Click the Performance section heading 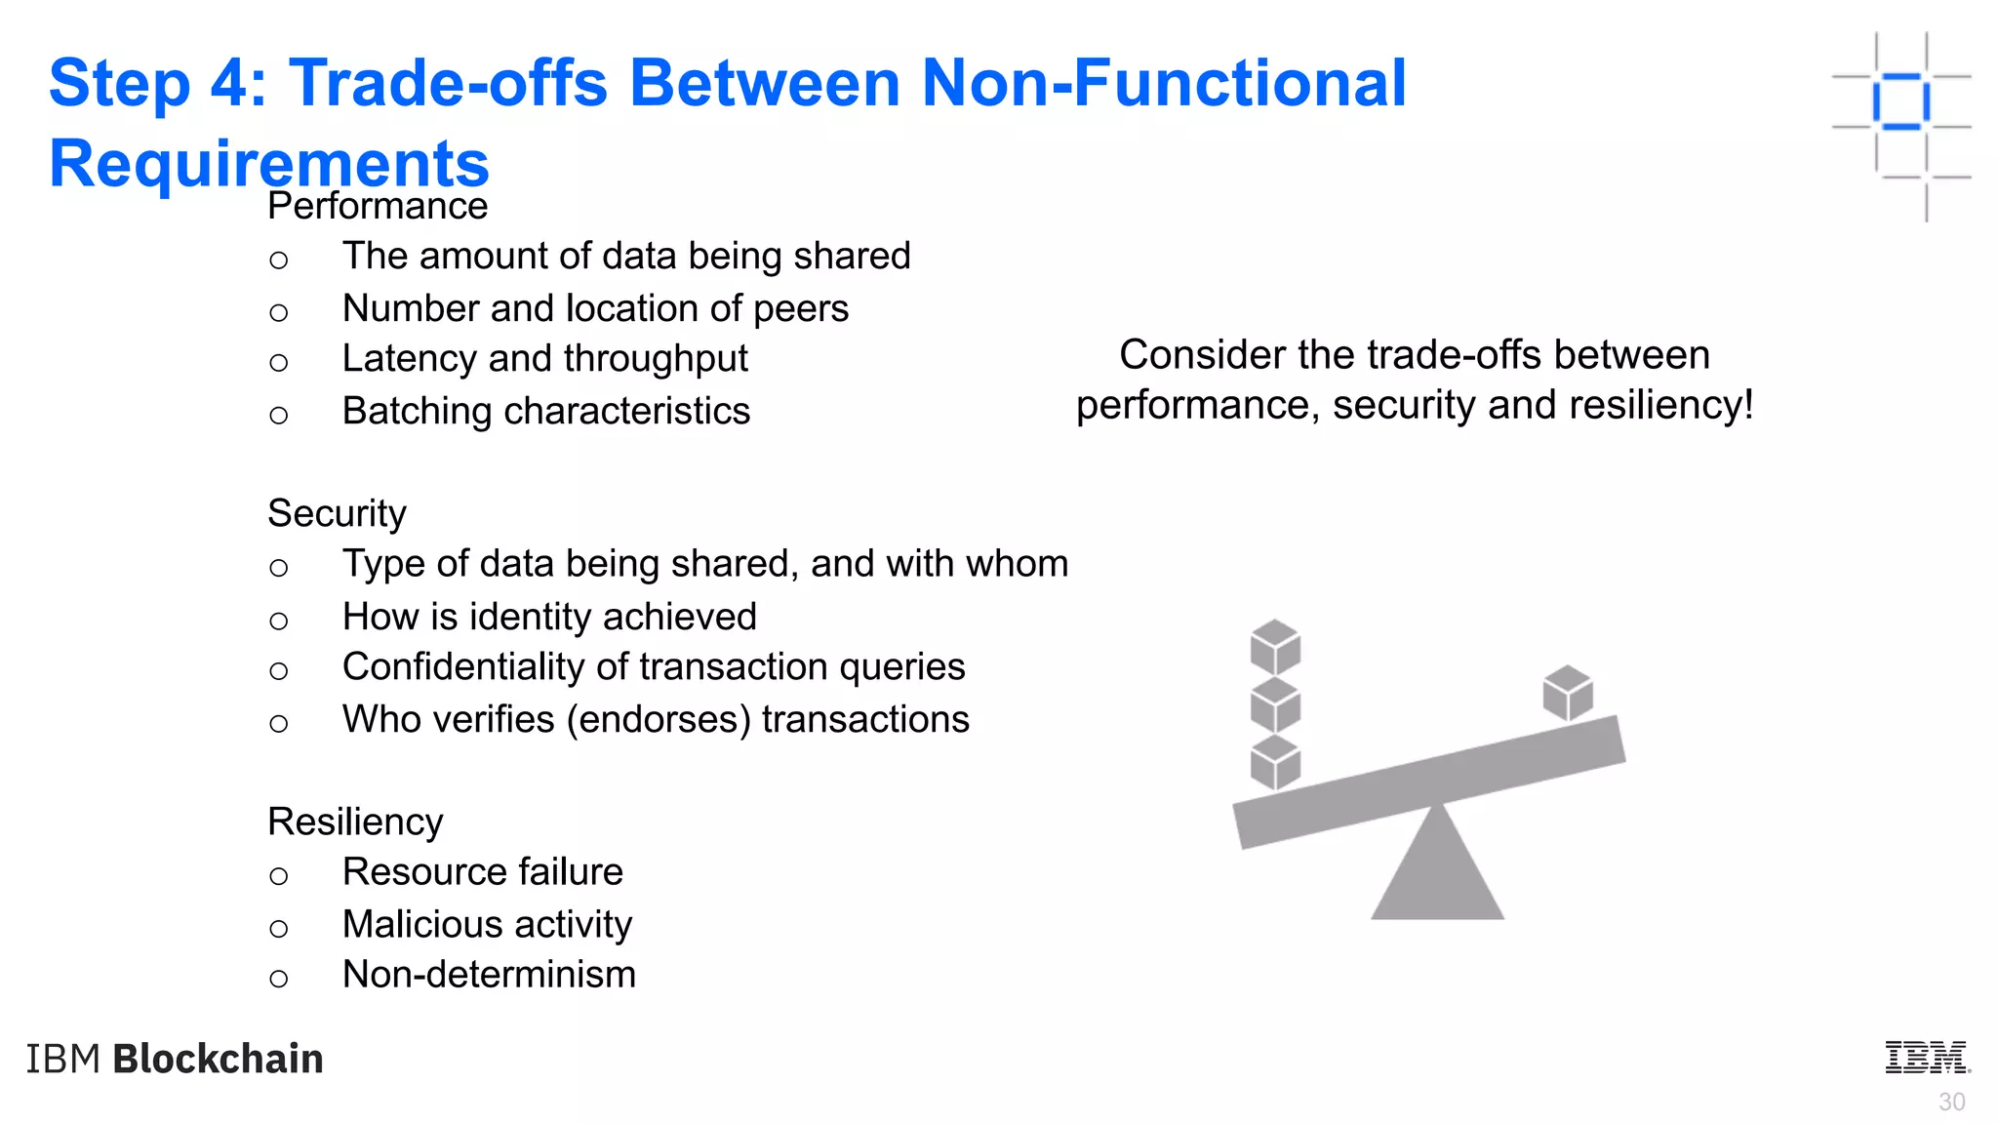click(378, 207)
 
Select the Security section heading click(337, 514)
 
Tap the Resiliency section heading click(355, 823)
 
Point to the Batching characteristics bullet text click(546, 412)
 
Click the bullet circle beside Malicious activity click(279, 929)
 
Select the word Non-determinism click(489, 975)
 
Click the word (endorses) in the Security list click(659, 720)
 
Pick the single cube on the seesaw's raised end click(1568, 693)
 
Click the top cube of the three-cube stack click(1275, 647)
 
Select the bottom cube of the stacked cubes click(1275, 763)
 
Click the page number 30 click(1951, 1103)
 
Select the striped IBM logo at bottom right click(1927, 1058)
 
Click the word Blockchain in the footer click(218, 1060)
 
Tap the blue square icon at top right click(1900, 101)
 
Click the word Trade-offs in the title click(449, 83)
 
